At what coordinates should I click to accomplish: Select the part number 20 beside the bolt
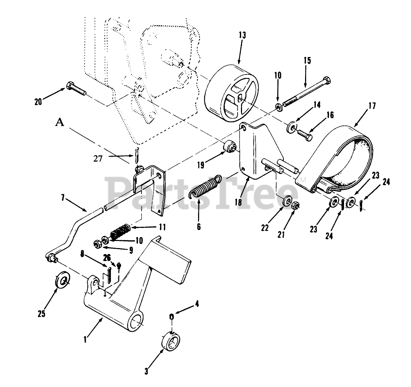click(38, 102)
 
